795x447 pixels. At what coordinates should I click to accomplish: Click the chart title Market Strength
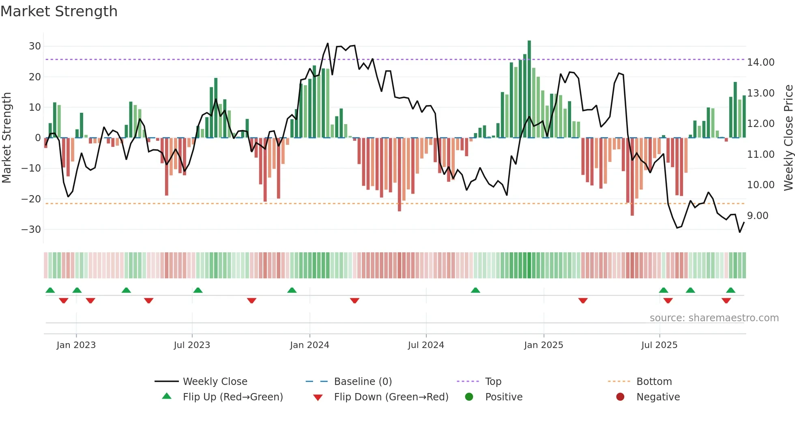(59, 11)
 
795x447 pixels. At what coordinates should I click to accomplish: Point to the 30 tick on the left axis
(35, 46)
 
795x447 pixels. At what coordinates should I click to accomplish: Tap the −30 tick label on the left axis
(32, 230)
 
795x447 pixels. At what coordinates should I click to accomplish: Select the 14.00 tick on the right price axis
(761, 62)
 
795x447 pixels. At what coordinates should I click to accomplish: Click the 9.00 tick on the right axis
(758, 216)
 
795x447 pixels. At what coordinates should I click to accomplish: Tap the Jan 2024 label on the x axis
(309, 345)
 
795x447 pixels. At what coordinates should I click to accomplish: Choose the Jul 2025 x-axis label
(659, 345)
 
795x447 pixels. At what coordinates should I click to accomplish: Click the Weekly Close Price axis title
(788, 138)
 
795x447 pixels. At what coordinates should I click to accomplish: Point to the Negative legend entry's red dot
(620, 397)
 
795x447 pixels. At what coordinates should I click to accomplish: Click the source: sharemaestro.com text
(714, 318)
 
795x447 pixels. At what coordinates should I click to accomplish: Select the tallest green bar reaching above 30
(529, 89)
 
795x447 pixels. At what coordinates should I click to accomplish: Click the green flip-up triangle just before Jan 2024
(292, 290)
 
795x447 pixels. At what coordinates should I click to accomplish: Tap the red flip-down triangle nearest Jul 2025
(668, 301)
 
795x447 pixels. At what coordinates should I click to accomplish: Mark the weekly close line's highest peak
(328, 43)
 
